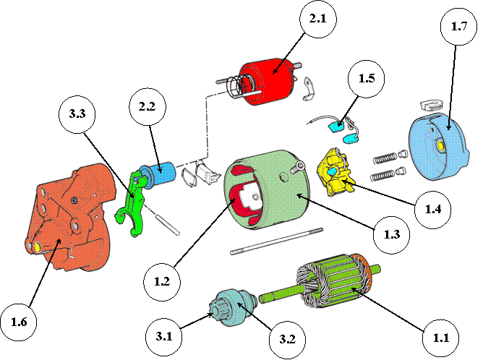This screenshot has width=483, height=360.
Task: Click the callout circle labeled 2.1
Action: click(318, 20)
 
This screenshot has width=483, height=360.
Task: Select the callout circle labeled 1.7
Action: click(458, 27)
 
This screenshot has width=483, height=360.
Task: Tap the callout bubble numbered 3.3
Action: click(77, 114)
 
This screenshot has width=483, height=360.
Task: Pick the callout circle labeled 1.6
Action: click(19, 322)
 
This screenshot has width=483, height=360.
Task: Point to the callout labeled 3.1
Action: click(163, 336)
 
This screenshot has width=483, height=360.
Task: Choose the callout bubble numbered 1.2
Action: click(162, 282)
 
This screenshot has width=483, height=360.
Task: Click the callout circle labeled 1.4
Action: click(433, 210)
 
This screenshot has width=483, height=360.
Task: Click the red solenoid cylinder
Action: click(267, 82)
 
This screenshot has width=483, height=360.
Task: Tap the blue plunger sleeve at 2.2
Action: click(158, 175)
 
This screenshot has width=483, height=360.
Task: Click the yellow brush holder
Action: click(335, 172)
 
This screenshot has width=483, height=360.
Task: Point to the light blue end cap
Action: click(439, 147)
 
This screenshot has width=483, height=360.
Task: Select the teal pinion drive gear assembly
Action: click(233, 308)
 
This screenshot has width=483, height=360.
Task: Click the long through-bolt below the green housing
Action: click(277, 241)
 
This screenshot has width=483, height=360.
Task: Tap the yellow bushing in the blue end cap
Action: click(440, 145)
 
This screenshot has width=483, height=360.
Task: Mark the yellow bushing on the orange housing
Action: click(38, 247)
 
